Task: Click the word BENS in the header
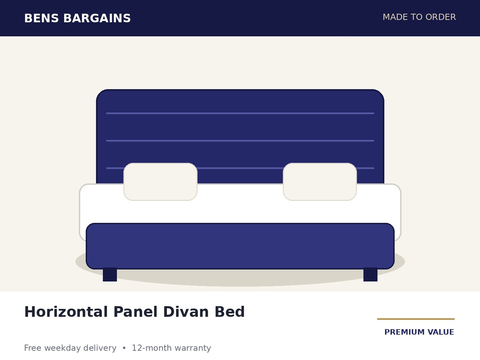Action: [x=41, y=18]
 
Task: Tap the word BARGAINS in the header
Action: [x=97, y=18]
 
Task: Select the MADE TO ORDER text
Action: [x=419, y=17]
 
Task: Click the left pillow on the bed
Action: [x=160, y=182]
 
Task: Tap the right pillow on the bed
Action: [x=320, y=182]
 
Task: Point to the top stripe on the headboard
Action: [x=240, y=113]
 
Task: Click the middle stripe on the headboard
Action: [x=240, y=141]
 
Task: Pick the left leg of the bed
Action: [x=110, y=275]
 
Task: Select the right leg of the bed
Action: [x=370, y=275]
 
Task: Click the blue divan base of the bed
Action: [x=240, y=246]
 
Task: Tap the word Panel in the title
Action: [x=135, y=312]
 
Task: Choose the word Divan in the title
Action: [x=186, y=312]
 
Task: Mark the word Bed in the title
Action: [x=230, y=312]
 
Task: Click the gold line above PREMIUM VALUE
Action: [x=416, y=319]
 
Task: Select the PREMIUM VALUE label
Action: [x=419, y=332]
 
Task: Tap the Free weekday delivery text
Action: [x=70, y=348]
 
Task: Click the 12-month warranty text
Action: [x=171, y=348]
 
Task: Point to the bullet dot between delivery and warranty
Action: [x=124, y=348]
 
